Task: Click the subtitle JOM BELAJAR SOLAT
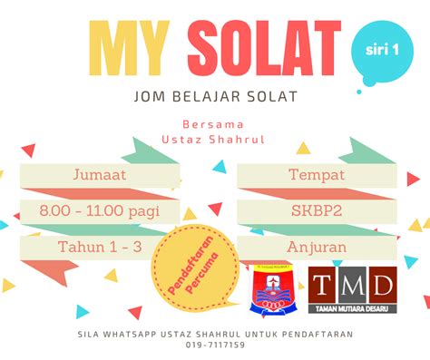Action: click(x=215, y=96)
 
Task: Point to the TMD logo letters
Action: click(x=352, y=286)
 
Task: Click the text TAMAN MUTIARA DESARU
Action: click(x=352, y=309)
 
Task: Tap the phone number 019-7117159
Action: click(x=215, y=345)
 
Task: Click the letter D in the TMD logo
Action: click(x=382, y=285)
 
